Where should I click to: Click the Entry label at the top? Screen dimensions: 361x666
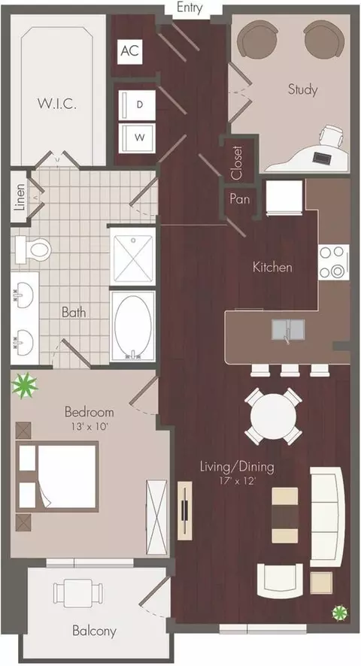[190, 8]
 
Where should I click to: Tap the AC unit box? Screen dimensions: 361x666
[129, 51]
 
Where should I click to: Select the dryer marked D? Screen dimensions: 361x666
[136, 104]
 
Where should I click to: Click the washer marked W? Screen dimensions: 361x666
[136, 138]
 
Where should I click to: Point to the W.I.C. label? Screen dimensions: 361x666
[57, 104]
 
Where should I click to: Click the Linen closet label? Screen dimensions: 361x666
[20, 198]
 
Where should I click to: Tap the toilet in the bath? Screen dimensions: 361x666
[33, 250]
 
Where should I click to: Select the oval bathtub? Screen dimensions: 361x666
[132, 326]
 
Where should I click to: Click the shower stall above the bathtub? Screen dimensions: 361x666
[132, 256]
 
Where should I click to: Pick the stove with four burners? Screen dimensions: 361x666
[334, 262]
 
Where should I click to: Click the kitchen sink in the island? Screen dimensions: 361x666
[288, 330]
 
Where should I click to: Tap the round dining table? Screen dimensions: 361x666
[274, 416]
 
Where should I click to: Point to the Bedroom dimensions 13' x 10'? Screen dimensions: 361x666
[89, 426]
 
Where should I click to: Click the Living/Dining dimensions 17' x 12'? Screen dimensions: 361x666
[237, 482]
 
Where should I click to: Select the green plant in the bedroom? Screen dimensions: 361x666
[24, 385]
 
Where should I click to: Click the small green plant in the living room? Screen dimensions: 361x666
[340, 613]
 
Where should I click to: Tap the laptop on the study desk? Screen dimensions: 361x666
[320, 158]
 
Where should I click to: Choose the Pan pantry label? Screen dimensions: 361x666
[240, 198]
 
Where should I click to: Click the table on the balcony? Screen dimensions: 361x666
[77, 592]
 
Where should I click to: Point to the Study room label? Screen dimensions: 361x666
[302, 89]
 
